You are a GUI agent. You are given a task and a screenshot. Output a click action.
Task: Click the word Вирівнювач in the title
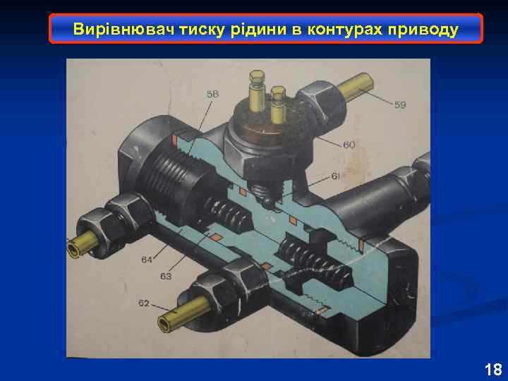click(x=111, y=30)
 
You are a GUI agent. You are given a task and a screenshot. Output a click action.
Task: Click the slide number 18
click(x=492, y=368)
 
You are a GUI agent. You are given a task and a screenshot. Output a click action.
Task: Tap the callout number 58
click(x=212, y=94)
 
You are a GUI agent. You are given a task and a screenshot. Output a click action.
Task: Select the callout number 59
click(x=400, y=105)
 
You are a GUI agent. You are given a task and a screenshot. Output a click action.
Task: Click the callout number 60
click(x=349, y=145)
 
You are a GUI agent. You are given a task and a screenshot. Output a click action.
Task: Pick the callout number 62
click(x=143, y=303)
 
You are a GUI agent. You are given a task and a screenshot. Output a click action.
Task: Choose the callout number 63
click(x=166, y=277)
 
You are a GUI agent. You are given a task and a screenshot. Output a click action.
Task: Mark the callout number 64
click(x=146, y=260)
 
